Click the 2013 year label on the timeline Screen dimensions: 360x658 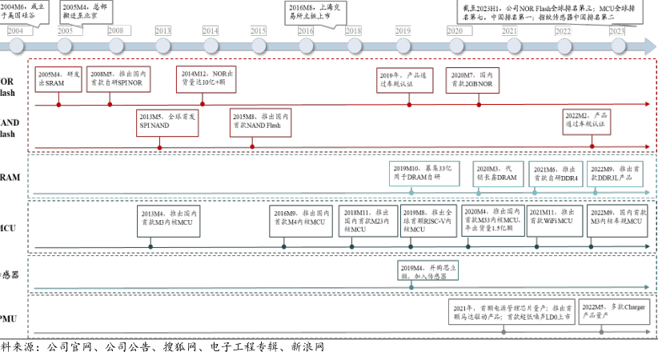(x=162, y=30)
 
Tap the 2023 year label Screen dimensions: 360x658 (x=616, y=30)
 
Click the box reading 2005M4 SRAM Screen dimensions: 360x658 (x=58, y=78)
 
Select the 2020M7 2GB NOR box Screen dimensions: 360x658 (x=479, y=78)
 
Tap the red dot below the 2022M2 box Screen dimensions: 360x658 (x=592, y=146)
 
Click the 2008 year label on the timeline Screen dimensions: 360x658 (x=115, y=30)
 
